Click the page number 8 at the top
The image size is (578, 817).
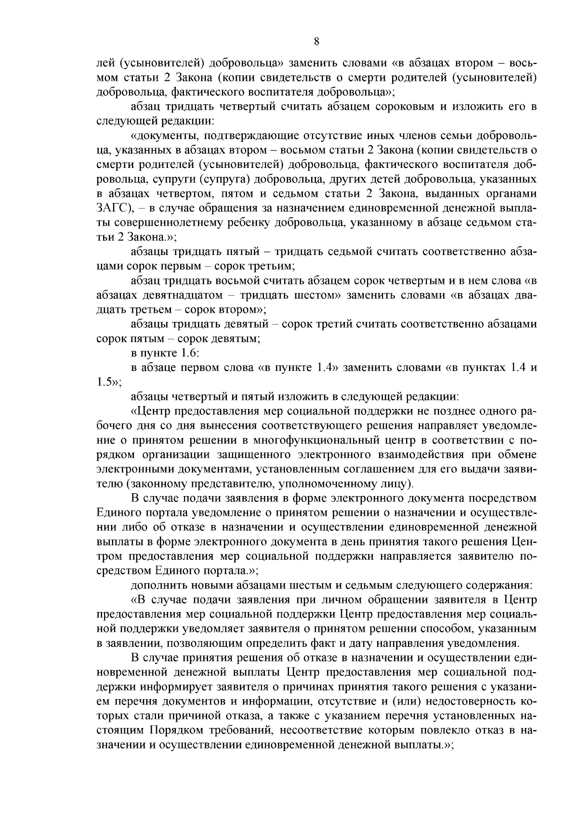[x=316, y=41]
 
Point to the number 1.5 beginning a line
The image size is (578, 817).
[x=105, y=383]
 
